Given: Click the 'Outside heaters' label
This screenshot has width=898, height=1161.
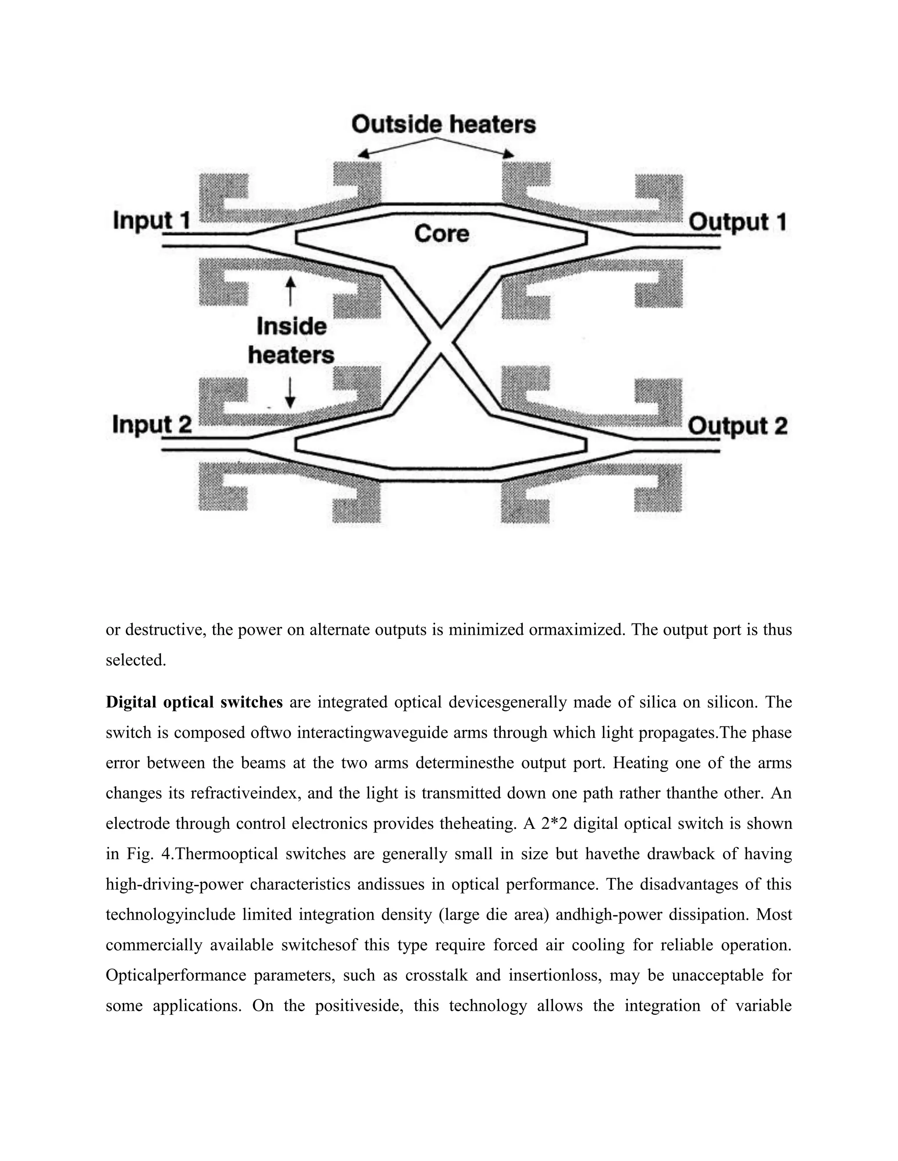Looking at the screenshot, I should (x=443, y=124).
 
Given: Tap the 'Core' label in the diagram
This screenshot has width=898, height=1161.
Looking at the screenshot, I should (x=442, y=234).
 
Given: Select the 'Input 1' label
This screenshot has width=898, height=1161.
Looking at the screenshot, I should (x=152, y=221).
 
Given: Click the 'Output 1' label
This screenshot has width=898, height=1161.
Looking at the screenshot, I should (x=738, y=222).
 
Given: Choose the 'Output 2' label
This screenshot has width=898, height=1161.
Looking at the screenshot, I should (x=738, y=426).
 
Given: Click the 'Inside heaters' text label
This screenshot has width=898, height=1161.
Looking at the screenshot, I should (x=291, y=341).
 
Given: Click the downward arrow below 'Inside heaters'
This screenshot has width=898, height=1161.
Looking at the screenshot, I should (x=290, y=393).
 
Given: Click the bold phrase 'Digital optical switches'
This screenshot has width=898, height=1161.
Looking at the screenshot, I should (x=194, y=702).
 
